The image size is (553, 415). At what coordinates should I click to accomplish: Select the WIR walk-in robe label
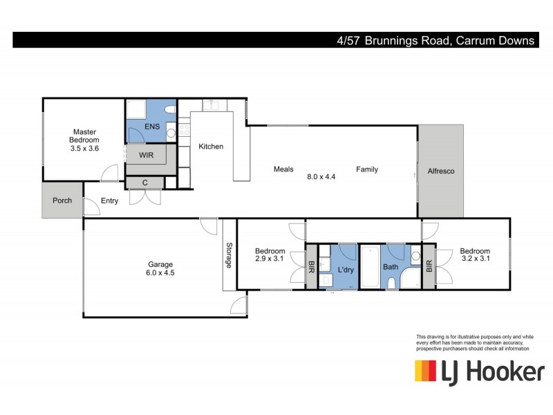[x=147, y=155]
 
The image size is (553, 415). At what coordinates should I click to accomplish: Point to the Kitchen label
[x=211, y=147]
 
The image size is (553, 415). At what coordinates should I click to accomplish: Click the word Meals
[x=283, y=169]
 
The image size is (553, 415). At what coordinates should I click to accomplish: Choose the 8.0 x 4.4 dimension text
[x=321, y=176]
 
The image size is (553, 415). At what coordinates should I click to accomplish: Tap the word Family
[x=367, y=169]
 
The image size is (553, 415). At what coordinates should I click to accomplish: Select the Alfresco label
[x=440, y=171]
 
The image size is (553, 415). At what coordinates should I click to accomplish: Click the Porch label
[x=63, y=201]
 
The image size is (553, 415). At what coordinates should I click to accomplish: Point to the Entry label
[x=109, y=201]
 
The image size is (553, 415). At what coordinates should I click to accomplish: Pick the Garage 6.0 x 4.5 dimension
[x=160, y=273]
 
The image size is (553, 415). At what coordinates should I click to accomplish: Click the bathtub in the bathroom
[x=370, y=267]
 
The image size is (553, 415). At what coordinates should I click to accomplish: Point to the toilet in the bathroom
[x=392, y=282]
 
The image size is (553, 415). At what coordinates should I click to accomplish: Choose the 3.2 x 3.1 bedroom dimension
[x=475, y=259]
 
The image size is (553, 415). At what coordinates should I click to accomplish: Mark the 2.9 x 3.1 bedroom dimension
[x=270, y=259]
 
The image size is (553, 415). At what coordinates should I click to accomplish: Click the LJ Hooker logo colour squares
[x=425, y=371]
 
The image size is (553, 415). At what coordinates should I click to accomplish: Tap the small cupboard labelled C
[x=144, y=183]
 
